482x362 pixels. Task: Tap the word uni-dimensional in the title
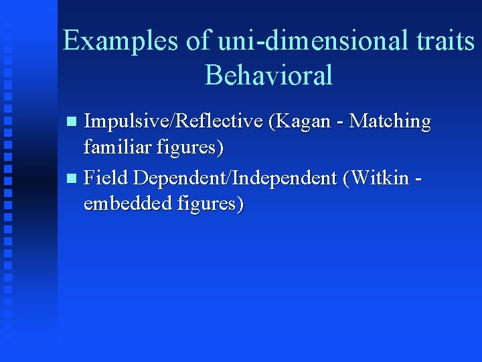[313, 42]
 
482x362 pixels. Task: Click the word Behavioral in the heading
[268, 75]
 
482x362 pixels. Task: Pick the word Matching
[391, 122]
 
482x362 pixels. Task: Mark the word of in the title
[197, 42]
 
